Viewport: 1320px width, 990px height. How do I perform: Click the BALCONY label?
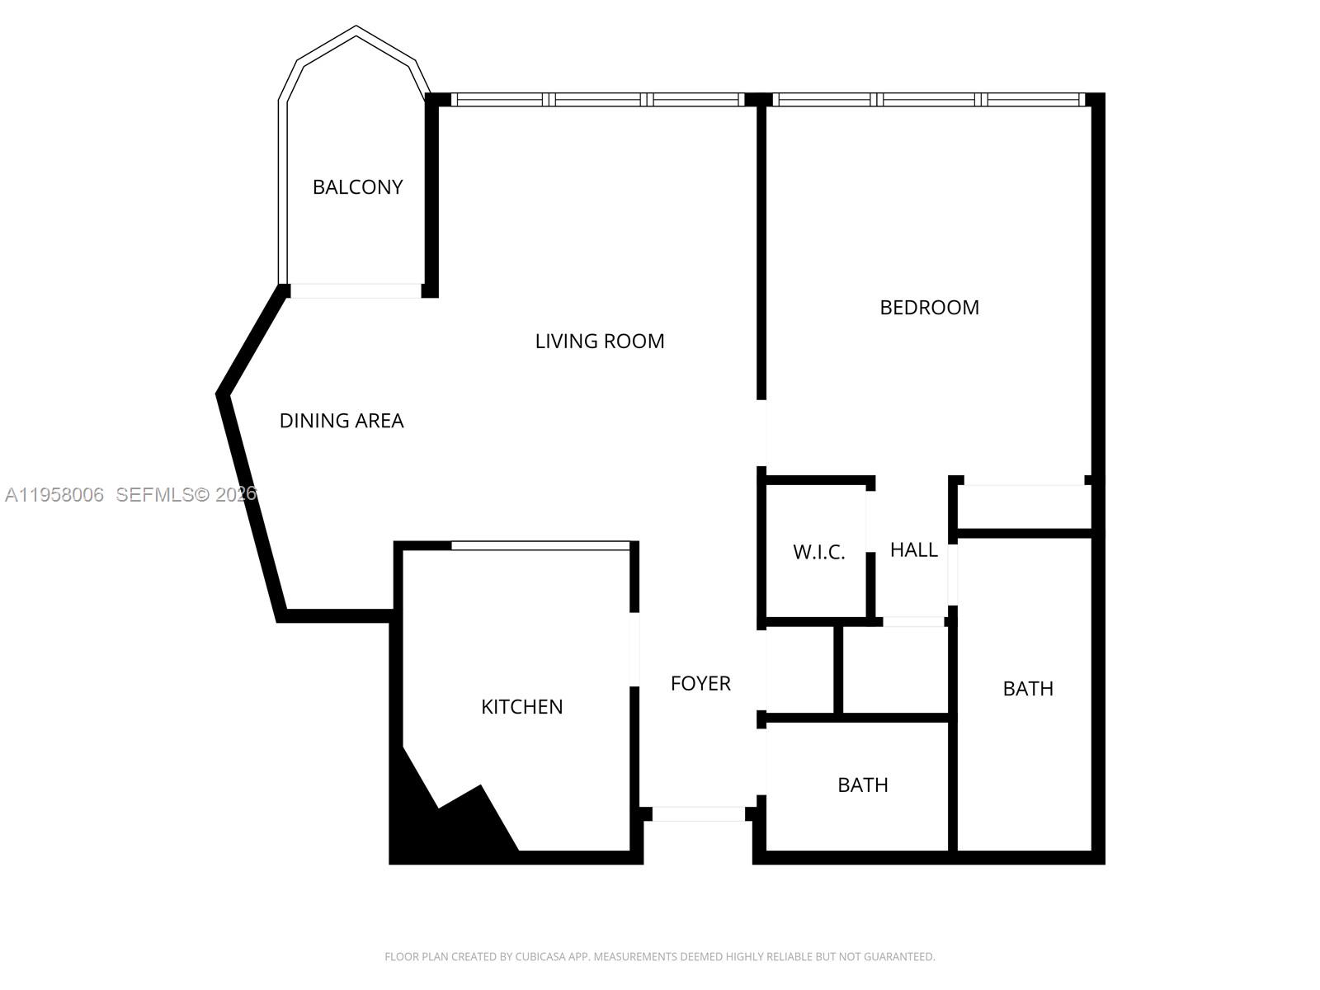tap(357, 187)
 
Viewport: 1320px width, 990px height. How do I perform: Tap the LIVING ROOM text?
tap(600, 341)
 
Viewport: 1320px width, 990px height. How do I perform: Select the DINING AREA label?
tap(342, 420)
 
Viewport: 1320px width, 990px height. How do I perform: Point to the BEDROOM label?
tap(929, 307)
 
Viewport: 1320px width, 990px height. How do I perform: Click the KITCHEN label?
tap(522, 706)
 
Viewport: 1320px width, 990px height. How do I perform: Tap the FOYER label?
tap(700, 683)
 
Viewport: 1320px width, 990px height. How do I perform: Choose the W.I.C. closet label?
tap(819, 552)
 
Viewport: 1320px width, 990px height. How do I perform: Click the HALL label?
tap(913, 549)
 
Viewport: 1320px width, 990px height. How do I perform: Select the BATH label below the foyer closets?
tap(863, 785)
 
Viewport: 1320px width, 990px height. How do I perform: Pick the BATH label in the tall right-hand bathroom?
tap(1028, 688)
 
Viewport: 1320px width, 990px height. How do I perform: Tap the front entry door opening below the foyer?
tap(698, 814)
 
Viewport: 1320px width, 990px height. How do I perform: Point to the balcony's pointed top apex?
tap(356, 26)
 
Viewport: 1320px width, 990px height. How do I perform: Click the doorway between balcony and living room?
tap(356, 291)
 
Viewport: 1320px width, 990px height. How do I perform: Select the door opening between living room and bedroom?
tap(761, 433)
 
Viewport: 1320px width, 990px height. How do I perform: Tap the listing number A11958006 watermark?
tap(54, 495)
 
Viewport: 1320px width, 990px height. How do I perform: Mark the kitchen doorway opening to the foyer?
tap(634, 649)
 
